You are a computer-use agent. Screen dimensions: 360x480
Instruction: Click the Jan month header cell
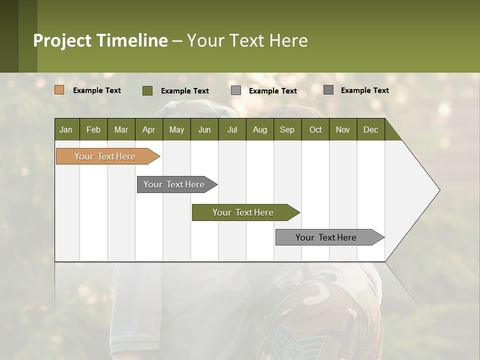point(66,129)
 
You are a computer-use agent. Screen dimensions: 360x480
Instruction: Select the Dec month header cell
point(370,129)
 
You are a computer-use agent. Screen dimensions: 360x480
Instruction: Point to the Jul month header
point(232,129)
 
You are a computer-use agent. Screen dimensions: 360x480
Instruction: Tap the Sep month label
point(287,129)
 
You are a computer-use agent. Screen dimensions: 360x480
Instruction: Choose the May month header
point(176,129)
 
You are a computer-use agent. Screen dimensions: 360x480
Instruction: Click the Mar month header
point(121,129)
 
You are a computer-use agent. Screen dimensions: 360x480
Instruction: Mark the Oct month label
point(315,129)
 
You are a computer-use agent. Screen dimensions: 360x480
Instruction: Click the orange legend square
point(59,90)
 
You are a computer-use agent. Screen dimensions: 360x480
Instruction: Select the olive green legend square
point(147,90)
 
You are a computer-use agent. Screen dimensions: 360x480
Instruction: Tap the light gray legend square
point(236,90)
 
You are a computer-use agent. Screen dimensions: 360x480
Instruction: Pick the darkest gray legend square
point(328,90)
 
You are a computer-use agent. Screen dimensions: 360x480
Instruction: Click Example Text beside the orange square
point(97,90)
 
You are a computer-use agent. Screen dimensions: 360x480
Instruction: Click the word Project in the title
point(62,40)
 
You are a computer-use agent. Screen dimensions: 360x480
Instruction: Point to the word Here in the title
point(288,40)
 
